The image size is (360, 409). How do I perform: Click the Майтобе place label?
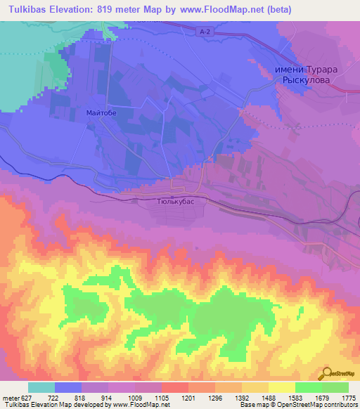click(100, 112)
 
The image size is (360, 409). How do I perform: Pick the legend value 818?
click(82, 398)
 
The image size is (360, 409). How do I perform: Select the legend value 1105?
click(162, 398)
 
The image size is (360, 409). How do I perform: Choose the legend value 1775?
click(348, 398)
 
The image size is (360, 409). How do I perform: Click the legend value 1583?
click(295, 398)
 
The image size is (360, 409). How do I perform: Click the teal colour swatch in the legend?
click(41, 387)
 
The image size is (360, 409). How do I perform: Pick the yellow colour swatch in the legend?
click(281, 387)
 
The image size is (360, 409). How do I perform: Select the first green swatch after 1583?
click(308, 387)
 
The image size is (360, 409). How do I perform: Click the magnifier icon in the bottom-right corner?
click(328, 374)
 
